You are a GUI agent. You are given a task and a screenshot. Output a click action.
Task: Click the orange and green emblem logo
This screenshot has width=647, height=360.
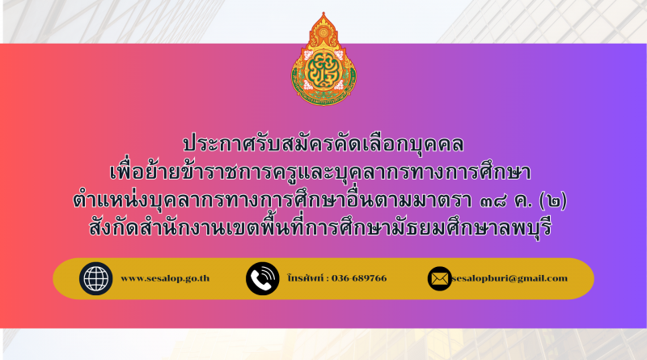[x=323, y=59]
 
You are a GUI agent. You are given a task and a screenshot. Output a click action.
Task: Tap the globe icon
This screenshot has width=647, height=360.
[x=95, y=278]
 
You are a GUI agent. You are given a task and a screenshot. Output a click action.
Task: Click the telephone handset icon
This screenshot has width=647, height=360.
[x=262, y=278]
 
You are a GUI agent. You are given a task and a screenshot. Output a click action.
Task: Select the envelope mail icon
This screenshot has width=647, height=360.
[x=439, y=278]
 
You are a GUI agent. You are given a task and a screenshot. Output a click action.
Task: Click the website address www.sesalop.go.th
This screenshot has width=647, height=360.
[x=165, y=278]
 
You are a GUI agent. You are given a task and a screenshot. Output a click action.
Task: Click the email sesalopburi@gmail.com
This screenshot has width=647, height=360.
[x=510, y=278]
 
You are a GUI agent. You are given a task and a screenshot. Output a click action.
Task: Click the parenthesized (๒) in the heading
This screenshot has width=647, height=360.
[x=553, y=201]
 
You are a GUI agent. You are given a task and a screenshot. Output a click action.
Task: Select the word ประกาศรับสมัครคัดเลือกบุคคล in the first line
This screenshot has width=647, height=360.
[x=323, y=144]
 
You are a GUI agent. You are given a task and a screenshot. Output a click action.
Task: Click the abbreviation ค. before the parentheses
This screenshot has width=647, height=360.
[x=523, y=201]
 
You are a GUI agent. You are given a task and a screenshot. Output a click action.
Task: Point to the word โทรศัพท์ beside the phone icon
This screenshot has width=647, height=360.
[x=306, y=277]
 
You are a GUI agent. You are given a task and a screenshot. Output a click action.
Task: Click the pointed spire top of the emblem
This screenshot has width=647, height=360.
[x=323, y=14]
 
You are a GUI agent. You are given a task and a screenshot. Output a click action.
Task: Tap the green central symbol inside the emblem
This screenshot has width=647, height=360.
[x=324, y=70]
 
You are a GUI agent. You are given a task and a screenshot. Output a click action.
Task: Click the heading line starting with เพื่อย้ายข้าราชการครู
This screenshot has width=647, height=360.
[x=320, y=172]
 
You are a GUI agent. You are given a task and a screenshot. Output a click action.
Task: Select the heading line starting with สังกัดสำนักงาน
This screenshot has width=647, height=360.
[x=320, y=228]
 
